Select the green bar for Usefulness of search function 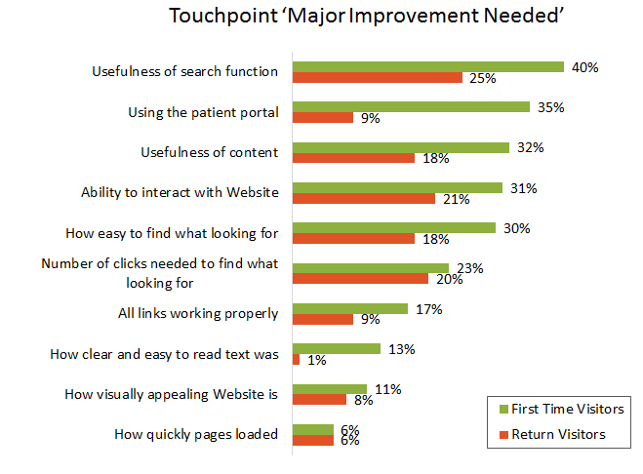(x=427, y=67)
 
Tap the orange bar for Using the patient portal (x=322, y=118)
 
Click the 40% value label (x=585, y=67)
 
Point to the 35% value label (x=551, y=107)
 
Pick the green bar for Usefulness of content (x=400, y=147)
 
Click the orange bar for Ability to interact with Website (x=363, y=199)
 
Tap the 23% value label (x=470, y=268)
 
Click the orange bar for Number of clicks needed (x=359, y=279)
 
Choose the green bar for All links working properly (x=349, y=308)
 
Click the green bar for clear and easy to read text (x=336, y=348)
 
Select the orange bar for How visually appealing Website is (x=318, y=400)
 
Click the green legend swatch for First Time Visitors (x=502, y=410)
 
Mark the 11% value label (x=388, y=388)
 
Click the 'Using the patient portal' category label (x=203, y=112)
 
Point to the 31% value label (x=524, y=187)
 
